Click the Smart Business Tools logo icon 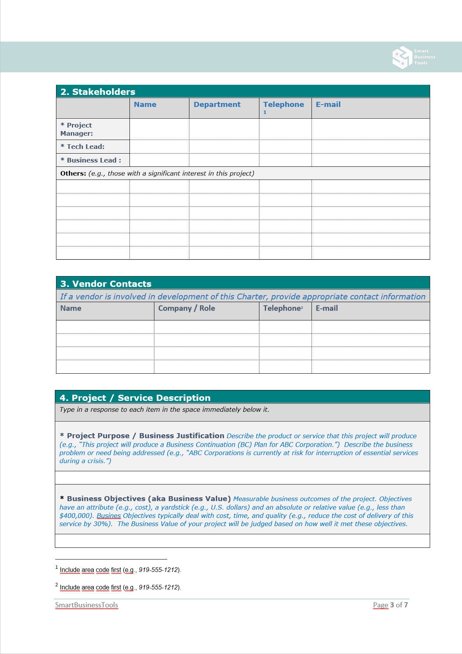(402, 58)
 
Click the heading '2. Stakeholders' (98, 92)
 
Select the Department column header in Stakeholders (217, 105)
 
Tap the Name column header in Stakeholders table (145, 105)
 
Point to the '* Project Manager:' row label (77, 129)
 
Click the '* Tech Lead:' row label (82, 147)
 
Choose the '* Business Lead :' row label (91, 160)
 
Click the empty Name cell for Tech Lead (159, 147)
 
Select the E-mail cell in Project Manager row (370, 129)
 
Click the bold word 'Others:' (73, 173)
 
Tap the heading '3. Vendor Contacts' (106, 284)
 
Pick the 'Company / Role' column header (186, 308)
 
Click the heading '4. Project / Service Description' (135, 398)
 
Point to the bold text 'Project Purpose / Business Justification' (145, 436)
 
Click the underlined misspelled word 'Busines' (108, 516)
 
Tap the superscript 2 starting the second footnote (57, 585)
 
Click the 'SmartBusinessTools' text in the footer (86, 605)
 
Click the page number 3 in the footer (392, 605)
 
